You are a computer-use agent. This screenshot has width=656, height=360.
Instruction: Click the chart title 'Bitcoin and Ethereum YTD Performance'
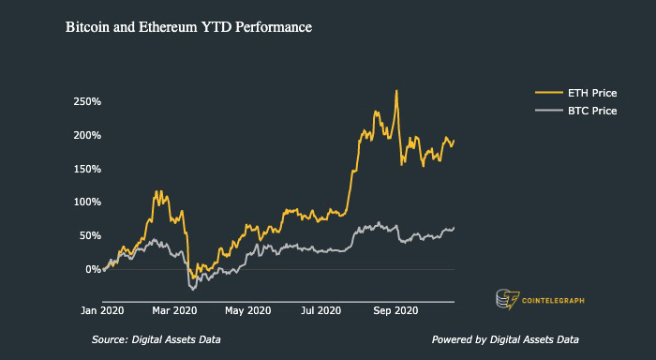(x=188, y=29)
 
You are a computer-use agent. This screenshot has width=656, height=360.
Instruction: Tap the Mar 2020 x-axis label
(x=174, y=310)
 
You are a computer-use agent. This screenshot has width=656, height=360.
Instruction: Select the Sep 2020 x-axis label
(x=395, y=310)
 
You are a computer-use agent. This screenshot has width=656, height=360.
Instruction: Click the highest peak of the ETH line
(x=396, y=91)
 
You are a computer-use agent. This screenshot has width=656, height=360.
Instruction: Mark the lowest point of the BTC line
(x=193, y=289)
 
